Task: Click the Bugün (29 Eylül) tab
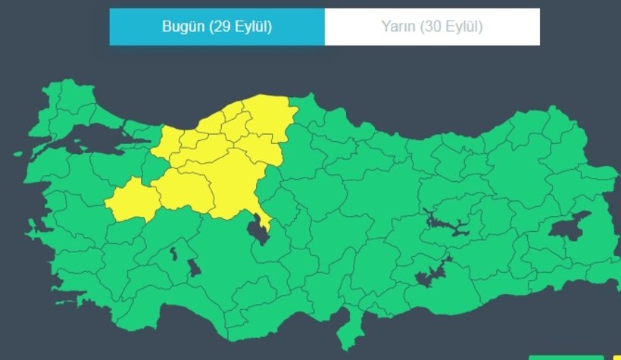(217, 27)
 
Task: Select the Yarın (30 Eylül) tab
(432, 27)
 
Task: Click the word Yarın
(398, 27)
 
